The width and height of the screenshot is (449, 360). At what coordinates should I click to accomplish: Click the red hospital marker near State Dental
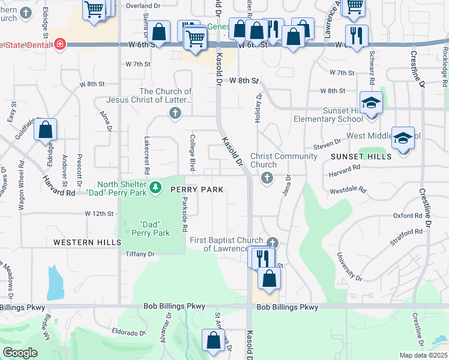coord(59,44)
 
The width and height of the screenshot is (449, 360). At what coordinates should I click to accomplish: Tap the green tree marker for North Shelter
coord(156,188)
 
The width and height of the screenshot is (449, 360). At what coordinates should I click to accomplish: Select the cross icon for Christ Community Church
coord(267,178)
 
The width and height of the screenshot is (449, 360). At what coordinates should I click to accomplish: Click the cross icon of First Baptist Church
coord(273,243)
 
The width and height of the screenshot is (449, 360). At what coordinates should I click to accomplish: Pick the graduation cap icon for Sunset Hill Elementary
coord(371,102)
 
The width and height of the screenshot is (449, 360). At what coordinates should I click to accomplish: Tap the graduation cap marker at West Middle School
coord(403,137)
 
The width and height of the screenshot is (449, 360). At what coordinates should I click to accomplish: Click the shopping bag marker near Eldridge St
coord(46,130)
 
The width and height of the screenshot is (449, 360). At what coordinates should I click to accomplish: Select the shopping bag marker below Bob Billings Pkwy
coord(213,340)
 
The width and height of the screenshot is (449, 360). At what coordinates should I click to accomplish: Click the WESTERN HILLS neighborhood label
coord(84,242)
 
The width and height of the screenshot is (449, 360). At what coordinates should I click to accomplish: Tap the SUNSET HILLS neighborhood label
coord(361,156)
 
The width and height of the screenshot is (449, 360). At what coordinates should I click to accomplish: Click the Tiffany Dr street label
coord(140,254)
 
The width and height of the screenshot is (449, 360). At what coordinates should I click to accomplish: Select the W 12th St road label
coord(99,214)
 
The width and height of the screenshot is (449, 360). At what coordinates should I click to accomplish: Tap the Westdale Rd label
coord(348,190)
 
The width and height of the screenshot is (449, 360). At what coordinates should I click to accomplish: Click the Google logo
coord(20,353)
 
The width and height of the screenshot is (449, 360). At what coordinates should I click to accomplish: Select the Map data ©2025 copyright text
coord(423,355)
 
